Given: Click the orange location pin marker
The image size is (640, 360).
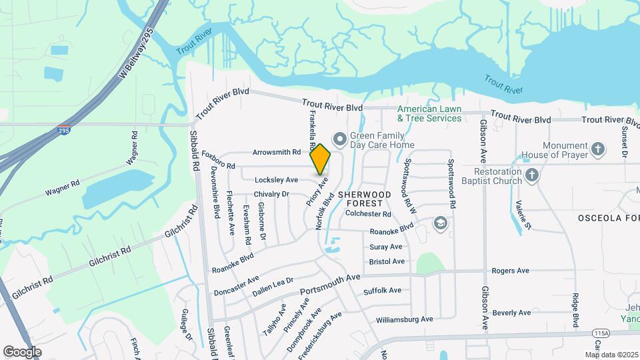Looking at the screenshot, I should coord(320,159).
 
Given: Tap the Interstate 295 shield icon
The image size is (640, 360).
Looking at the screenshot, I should coord(64,129).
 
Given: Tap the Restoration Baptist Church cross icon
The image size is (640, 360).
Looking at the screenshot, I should coord(531,175).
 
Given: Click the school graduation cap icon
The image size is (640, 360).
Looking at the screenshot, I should coord(439,222).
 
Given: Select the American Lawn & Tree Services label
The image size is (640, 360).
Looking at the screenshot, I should coord(429,113).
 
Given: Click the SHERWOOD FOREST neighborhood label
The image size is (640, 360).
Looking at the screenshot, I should coord(361,197).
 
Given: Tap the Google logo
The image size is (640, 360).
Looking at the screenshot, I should coord(22,351).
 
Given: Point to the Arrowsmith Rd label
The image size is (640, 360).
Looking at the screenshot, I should coord(277,152).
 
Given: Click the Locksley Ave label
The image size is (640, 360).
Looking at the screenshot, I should coord(276,180).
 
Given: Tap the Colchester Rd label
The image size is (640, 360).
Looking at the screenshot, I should coord(369,214).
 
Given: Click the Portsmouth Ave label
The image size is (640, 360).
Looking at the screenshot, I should coord(330,284).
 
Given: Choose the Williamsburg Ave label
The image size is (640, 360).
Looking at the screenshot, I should coord(405,319).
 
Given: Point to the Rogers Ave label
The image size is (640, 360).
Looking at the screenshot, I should coord(510,271).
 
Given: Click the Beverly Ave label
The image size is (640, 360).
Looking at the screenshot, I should coord(511,313).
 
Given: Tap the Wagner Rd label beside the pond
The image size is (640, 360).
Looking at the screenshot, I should coord(63,187).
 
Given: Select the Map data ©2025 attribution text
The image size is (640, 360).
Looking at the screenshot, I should coord(611,355).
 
